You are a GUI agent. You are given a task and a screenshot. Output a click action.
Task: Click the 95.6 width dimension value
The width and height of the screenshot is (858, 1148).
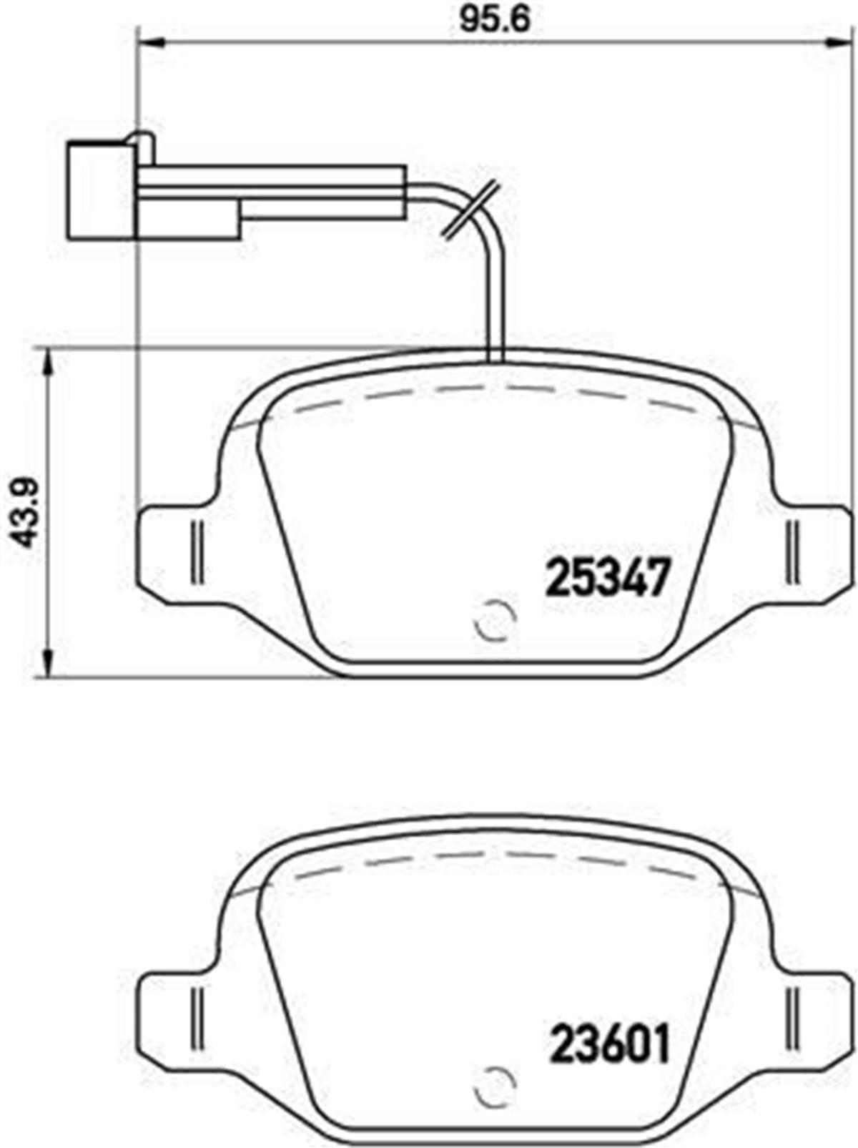[494, 20]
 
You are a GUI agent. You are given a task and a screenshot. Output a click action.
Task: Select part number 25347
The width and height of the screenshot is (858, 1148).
[608, 577]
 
